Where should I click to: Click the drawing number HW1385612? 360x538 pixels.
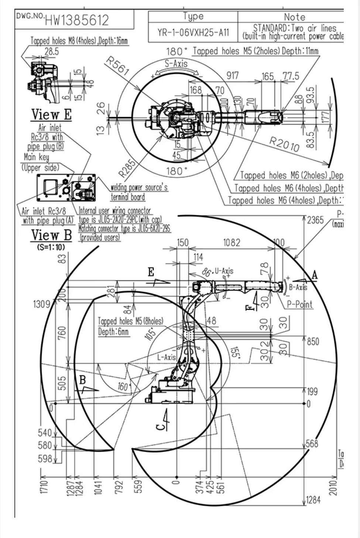(x=77, y=20)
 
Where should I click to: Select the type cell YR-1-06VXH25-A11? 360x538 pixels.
(x=193, y=32)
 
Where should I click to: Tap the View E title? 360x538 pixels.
(x=51, y=114)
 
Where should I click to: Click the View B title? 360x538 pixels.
(x=51, y=235)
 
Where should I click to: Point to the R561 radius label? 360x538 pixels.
(x=117, y=66)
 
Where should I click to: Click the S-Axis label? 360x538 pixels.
(x=176, y=64)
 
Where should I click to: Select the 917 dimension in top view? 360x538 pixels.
(x=232, y=75)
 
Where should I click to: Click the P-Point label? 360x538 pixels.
(x=300, y=304)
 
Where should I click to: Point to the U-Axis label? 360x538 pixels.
(x=224, y=271)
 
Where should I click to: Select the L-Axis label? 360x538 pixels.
(x=167, y=357)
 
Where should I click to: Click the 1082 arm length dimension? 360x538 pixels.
(x=232, y=243)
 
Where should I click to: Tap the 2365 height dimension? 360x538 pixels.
(x=315, y=220)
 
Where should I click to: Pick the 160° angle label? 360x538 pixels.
(x=124, y=387)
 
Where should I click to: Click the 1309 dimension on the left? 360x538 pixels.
(x=41, y=304)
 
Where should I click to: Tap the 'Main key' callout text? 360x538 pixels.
(x=36, y=157)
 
